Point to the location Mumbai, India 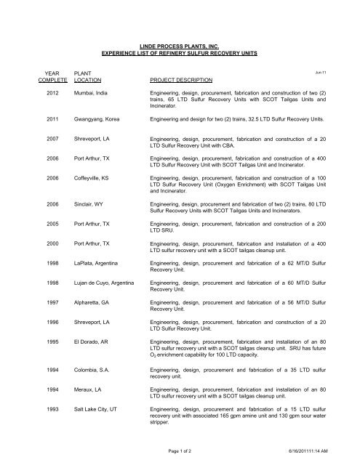(x=88, y=94)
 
